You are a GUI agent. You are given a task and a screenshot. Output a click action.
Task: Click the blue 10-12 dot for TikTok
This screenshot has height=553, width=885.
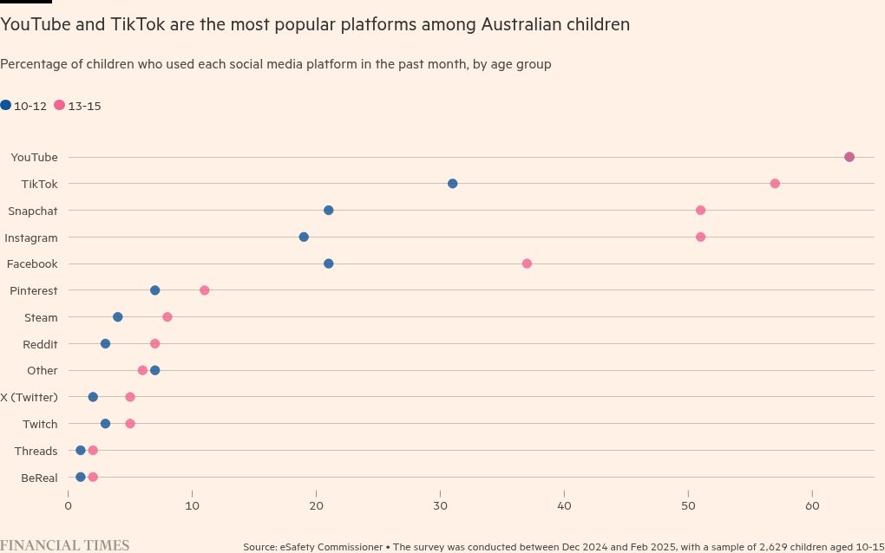(x=452, y=184)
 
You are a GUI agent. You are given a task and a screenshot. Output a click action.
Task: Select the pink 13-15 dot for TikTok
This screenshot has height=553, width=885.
(x=775, y=184)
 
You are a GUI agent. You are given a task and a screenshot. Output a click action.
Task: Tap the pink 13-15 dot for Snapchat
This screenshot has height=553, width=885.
(x=700, y=211)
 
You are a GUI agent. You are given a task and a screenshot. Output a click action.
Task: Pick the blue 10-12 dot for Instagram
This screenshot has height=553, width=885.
(x=304, y=237)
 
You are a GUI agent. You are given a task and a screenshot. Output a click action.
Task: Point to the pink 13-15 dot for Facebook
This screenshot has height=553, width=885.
(x=527, y=263)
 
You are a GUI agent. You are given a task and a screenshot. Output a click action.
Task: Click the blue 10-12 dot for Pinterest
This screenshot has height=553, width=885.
(x=154, y=290)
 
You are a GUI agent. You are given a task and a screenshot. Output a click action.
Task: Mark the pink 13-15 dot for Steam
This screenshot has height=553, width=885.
(x=167, y=317)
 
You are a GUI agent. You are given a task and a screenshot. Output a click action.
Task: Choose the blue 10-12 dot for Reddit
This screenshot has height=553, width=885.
(x=105, y=344)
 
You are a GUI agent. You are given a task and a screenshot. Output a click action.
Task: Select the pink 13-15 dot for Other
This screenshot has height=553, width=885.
(x=142, y=370)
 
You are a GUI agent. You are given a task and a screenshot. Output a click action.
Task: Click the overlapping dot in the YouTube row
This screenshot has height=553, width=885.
(x=849, y=157)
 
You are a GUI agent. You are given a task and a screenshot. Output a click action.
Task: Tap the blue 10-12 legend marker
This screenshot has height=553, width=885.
(x=6, y=105)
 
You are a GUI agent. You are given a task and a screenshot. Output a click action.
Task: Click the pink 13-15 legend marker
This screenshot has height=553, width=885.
(x=59, y=105)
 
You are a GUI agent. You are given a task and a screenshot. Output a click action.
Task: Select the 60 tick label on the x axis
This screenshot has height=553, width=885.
(x=812, y=505)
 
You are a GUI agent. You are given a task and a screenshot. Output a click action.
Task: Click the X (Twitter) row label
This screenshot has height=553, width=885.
(x=29, y=397)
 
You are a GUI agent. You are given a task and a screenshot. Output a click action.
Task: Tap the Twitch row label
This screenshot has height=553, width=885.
(x=40, y=424)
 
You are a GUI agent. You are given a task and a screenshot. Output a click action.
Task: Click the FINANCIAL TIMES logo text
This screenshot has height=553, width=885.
(x=64, y=545)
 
